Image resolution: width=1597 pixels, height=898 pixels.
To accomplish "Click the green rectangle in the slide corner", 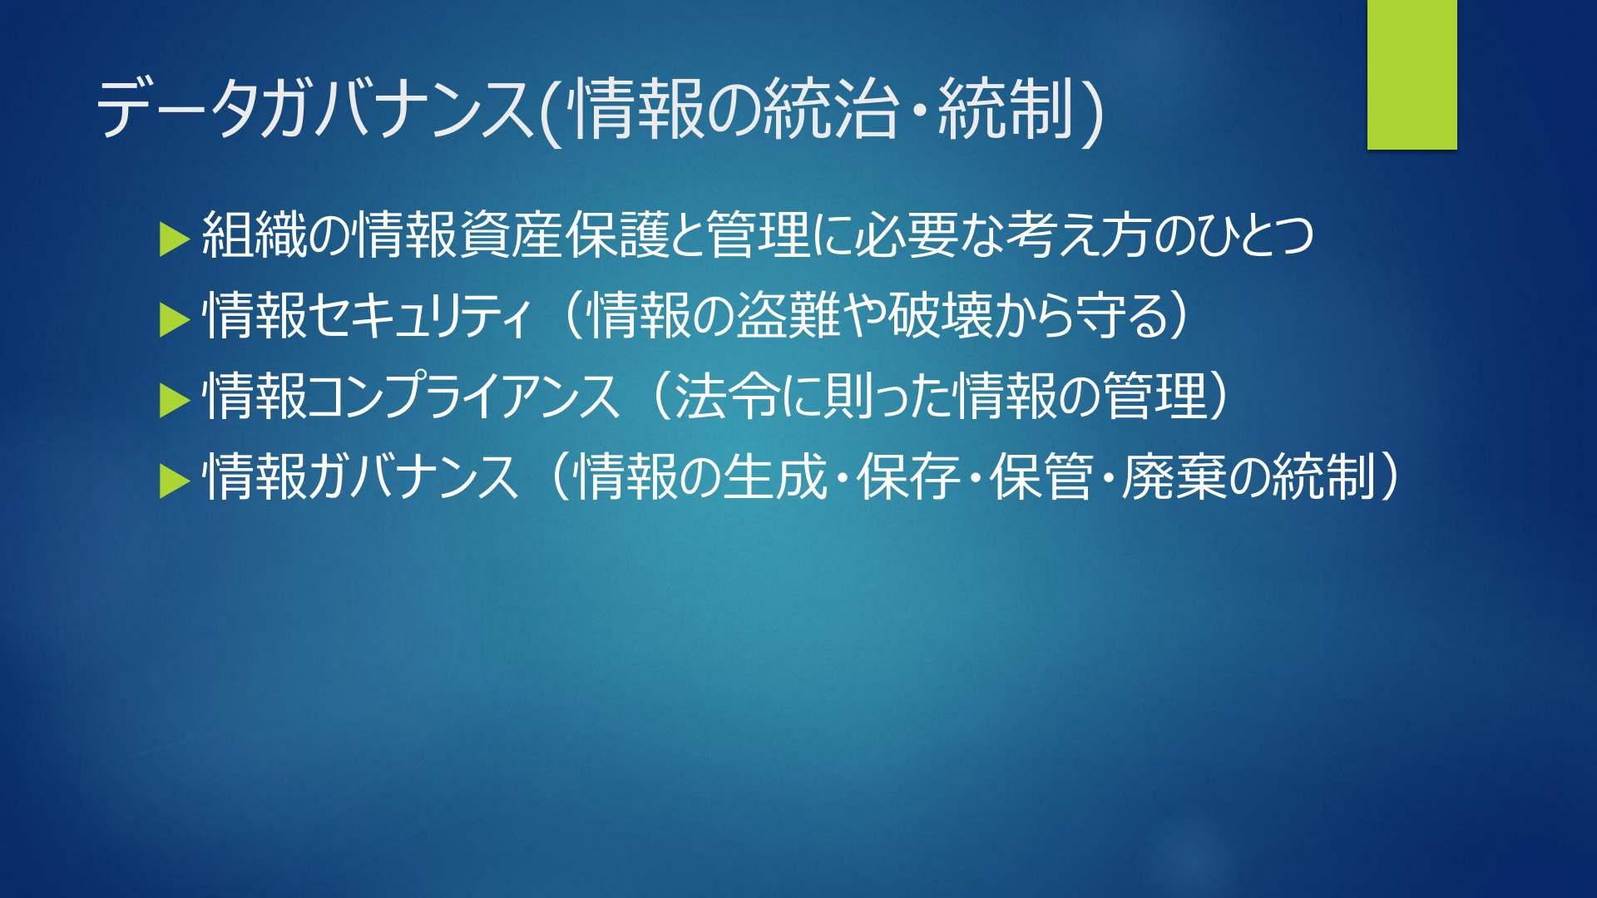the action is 1412,75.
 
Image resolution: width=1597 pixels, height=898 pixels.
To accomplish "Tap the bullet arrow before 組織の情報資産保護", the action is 175,239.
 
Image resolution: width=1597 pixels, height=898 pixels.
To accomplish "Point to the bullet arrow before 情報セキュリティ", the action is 175,319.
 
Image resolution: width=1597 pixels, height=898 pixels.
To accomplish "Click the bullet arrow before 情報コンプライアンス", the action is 175,399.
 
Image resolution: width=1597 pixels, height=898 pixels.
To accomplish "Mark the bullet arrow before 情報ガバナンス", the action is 175,481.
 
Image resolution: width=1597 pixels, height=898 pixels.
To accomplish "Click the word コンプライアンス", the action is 464,397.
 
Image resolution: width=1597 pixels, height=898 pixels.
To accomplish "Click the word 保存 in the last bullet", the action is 908,477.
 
